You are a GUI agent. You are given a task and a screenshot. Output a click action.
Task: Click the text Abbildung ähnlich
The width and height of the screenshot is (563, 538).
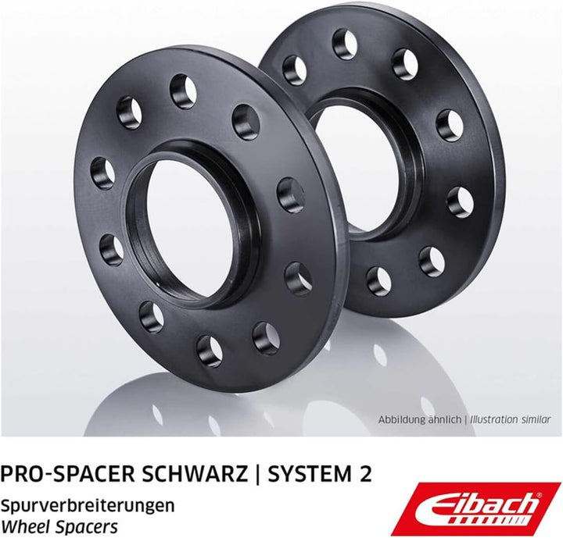click(420, 419)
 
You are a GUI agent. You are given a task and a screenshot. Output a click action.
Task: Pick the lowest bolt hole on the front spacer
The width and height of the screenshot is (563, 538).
click(210, 350)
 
